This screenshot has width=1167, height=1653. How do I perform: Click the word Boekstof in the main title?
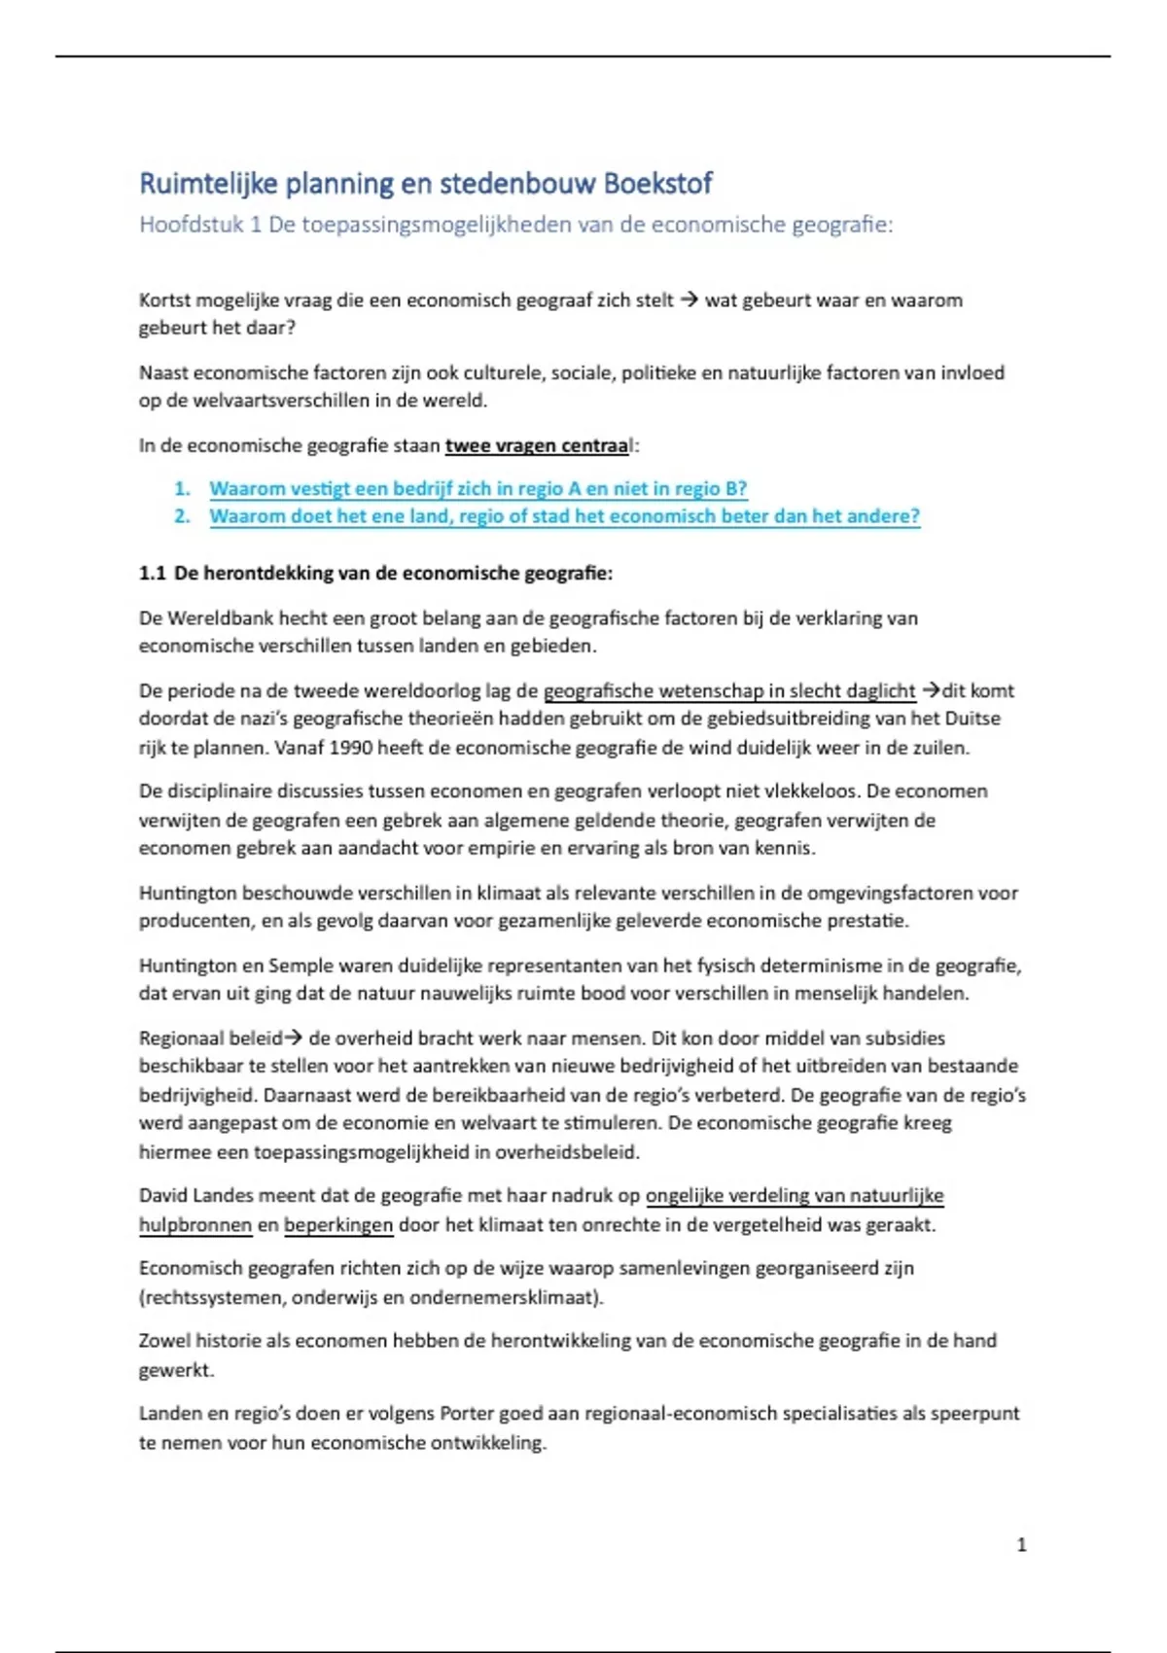(657, 184)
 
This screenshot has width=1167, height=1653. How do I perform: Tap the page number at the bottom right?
(1021, 1544)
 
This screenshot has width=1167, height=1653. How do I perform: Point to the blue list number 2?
(182, 516)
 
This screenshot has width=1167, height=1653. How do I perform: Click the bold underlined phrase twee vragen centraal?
(538, 446)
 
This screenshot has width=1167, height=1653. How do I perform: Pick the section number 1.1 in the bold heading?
(153, 574)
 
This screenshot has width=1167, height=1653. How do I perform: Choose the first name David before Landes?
(164, 1196)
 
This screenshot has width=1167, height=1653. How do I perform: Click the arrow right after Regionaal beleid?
(293, 1038)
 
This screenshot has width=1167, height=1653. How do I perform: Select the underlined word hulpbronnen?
(194, 1225)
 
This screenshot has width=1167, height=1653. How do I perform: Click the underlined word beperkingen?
(338, 1225)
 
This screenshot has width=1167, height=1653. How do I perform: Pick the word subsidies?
(904, 1038)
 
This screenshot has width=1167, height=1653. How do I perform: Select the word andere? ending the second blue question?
(883, 516)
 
